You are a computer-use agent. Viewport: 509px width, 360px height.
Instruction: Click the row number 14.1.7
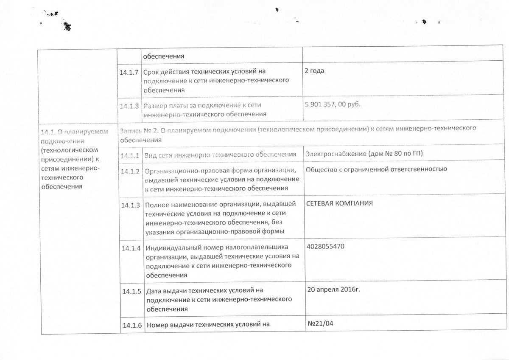(130, 73)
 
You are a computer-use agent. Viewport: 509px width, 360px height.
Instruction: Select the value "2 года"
(314, 70)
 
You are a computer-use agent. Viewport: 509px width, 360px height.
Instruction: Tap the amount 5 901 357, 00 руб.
(332, 104)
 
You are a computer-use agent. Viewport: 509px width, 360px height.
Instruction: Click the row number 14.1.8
(130, 106)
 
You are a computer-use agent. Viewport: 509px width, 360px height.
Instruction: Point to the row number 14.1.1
(130, 155)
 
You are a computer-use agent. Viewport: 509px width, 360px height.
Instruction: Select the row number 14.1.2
(130, 172)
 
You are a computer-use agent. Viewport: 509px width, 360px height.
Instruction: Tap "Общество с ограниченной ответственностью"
(376, 169)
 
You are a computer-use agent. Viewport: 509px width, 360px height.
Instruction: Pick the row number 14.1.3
(130, 205)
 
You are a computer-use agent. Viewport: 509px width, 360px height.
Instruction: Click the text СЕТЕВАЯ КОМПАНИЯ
(340, 203)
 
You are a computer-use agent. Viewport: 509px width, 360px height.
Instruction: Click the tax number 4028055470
(324, 246)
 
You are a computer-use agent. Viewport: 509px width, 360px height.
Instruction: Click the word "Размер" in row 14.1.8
(155, 106)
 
